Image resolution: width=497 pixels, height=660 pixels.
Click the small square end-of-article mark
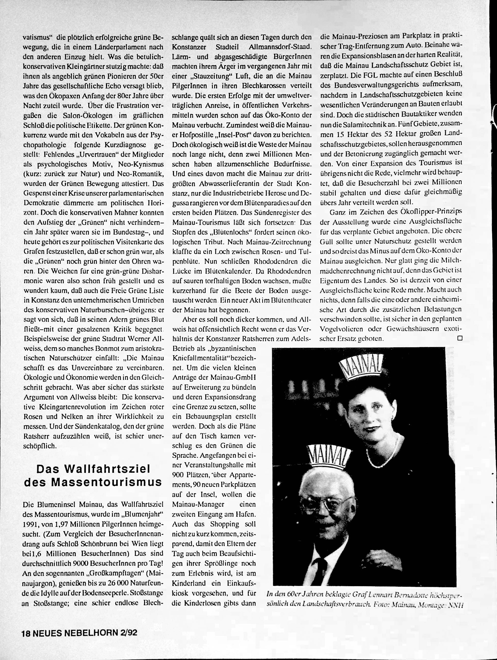(x=460, y=338)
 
